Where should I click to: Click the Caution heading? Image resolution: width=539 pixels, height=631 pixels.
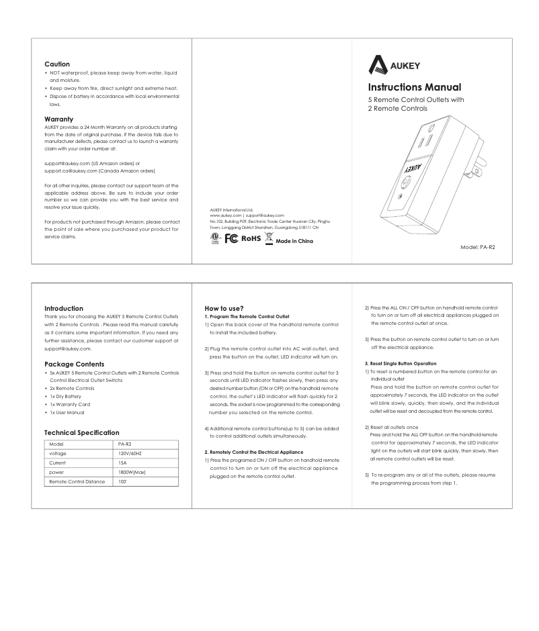point(57,64)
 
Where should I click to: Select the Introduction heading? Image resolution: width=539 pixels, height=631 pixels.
point(63,309)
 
